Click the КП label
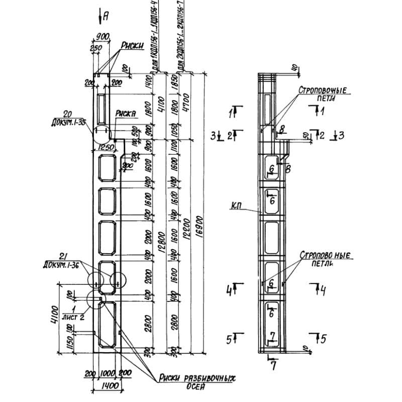coord(238,205)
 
